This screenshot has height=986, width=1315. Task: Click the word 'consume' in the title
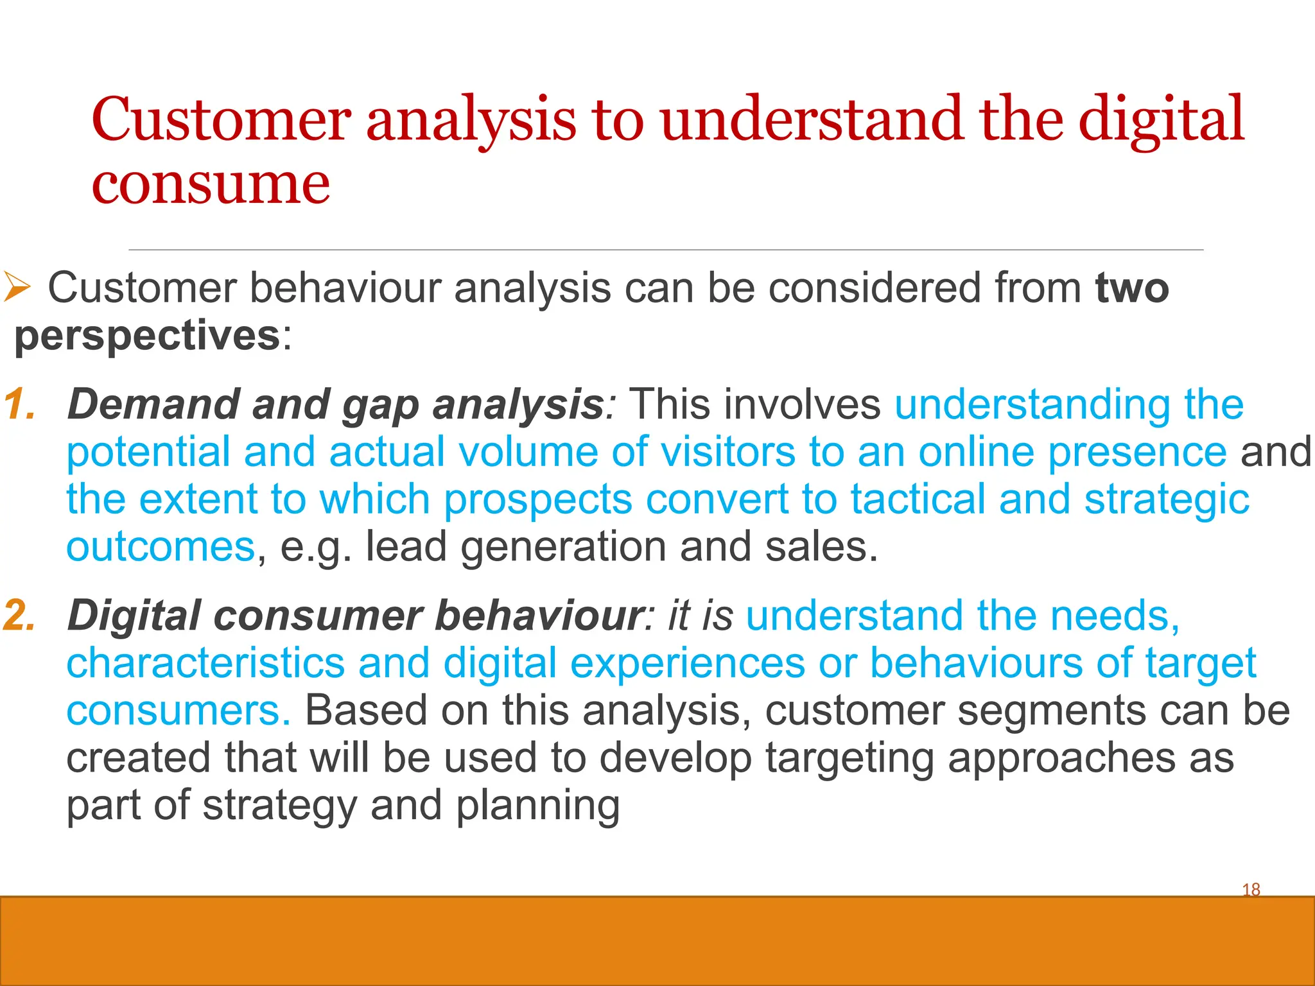point(211,185)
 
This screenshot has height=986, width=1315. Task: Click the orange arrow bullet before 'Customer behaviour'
point(17,286)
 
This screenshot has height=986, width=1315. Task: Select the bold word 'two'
point(1132,288)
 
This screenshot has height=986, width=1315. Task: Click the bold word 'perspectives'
point(147,336)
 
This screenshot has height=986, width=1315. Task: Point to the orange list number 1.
point(19,404)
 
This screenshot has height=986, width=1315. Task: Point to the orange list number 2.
point(19,615)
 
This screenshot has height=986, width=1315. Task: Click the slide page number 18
point(1251,890)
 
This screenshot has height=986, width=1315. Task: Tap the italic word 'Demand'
point(152,404)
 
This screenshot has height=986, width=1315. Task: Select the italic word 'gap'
point(380,406)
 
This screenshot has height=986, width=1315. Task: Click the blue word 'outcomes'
point(161,547)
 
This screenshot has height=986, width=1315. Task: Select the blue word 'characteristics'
point(205,662)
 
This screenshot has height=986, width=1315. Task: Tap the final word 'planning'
point(538,806)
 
